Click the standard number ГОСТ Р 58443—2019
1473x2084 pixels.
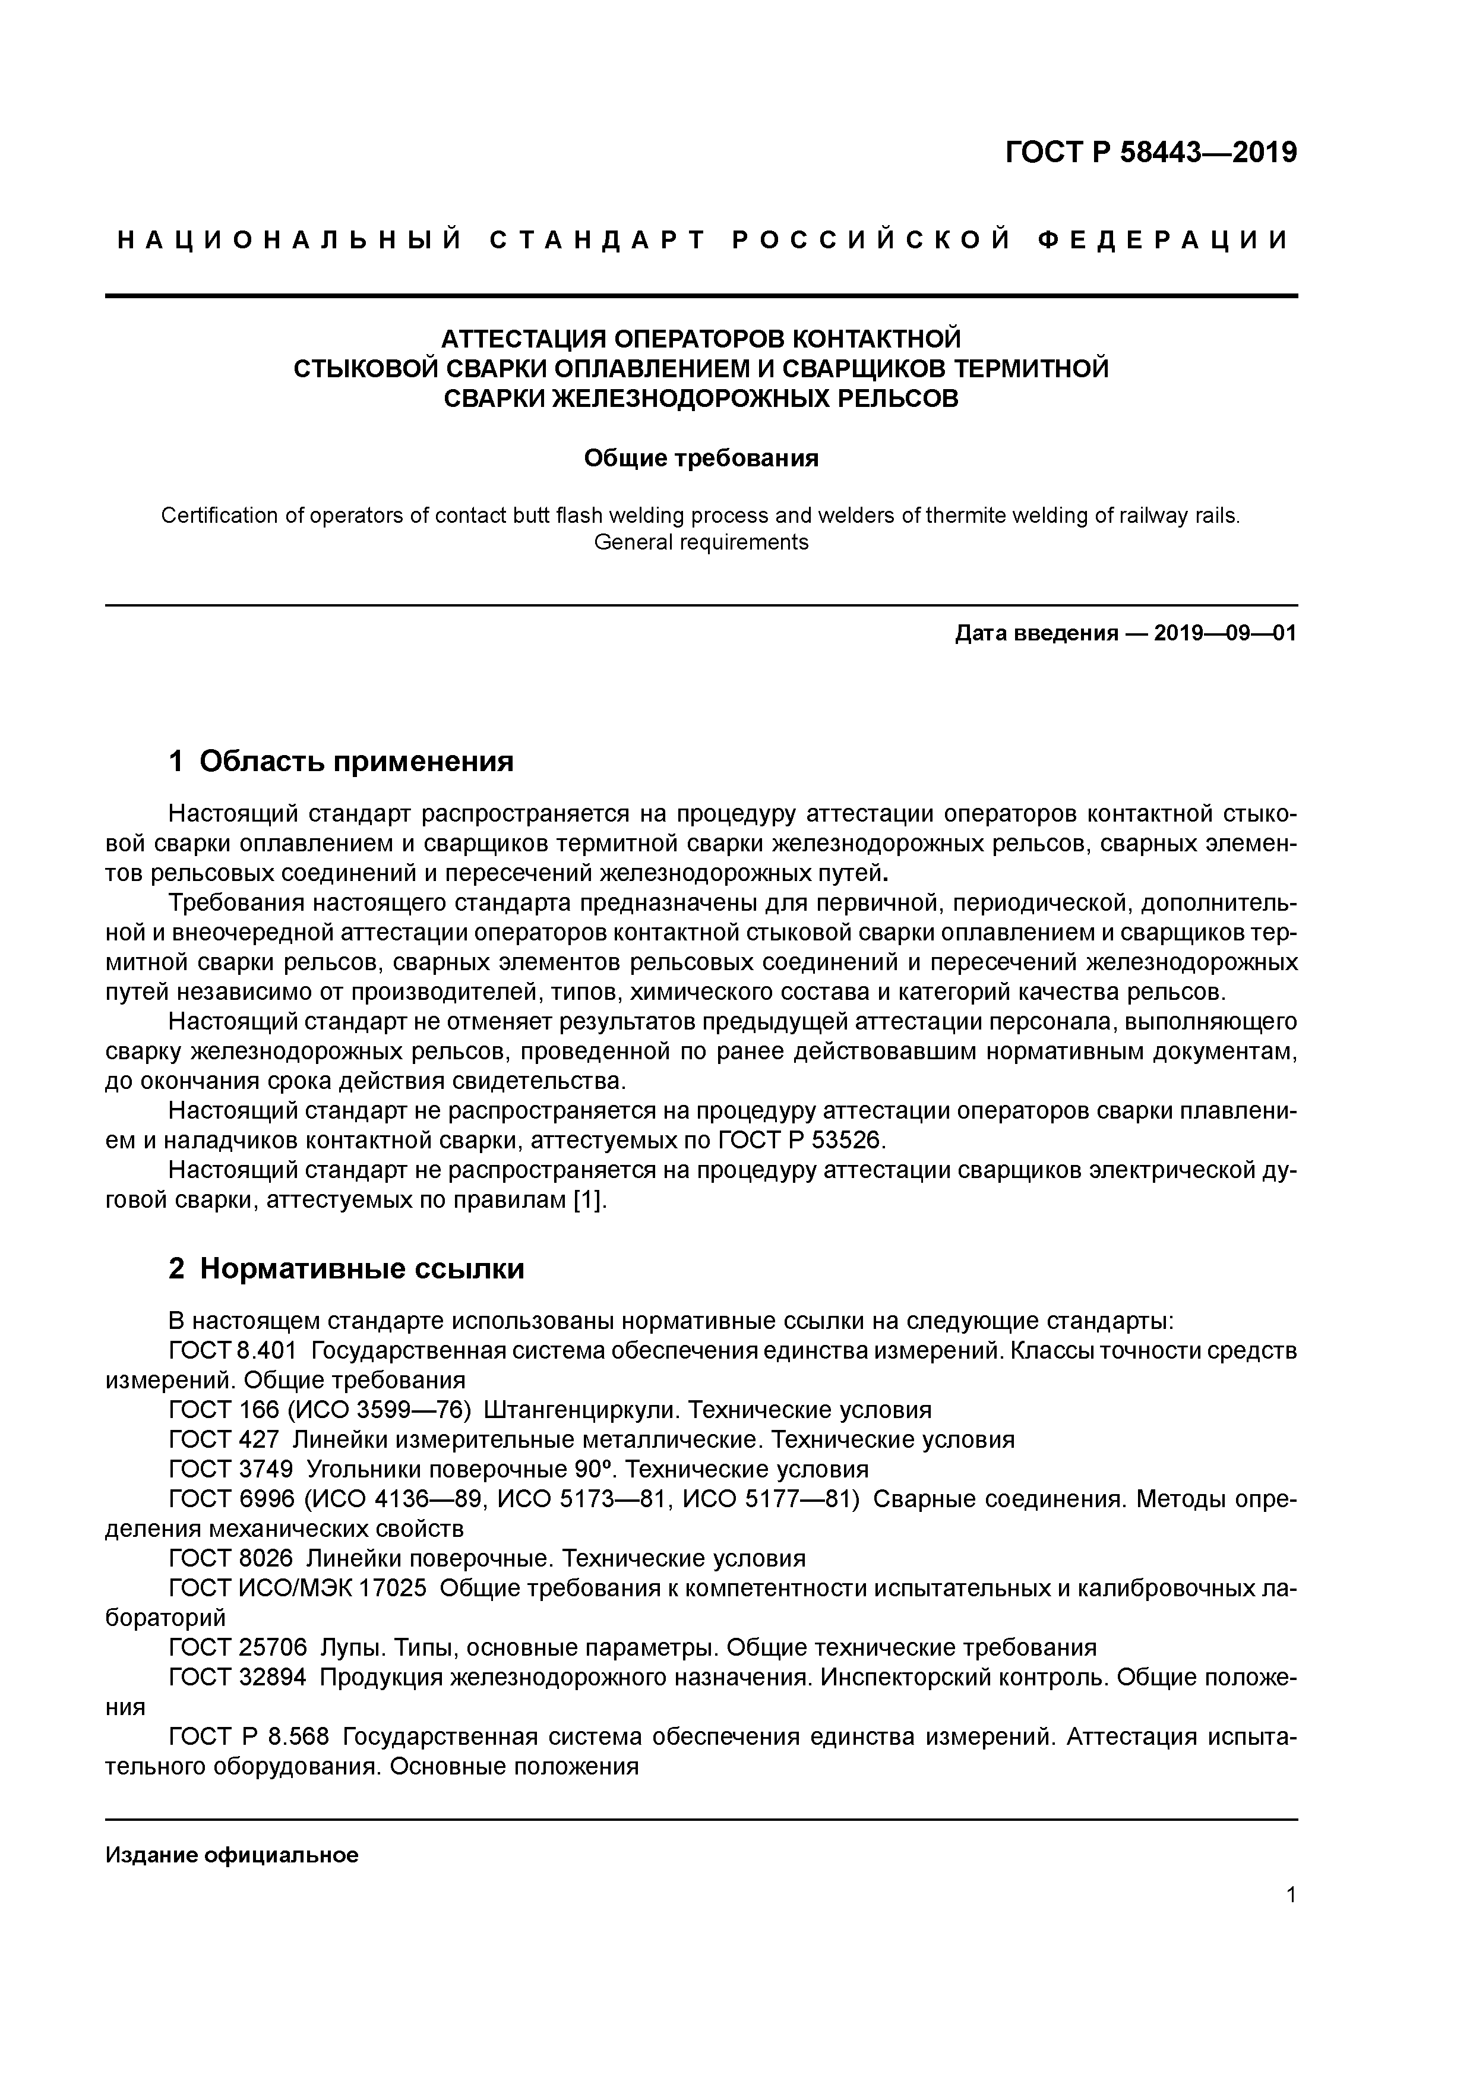point(1151,153)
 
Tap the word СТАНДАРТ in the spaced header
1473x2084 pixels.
point(596,241)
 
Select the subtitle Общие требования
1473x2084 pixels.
point(701,459)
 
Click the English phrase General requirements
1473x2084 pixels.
point(701,543)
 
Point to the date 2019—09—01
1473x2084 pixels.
point(1225,633)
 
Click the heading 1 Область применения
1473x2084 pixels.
point(342,760)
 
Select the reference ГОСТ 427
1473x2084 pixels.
point(224,1439)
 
